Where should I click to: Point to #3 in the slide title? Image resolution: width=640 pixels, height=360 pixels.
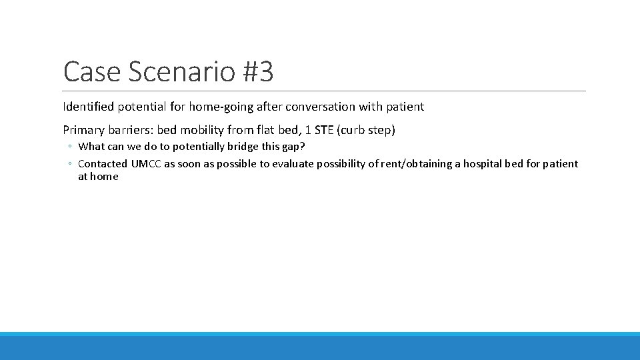coord(257,72)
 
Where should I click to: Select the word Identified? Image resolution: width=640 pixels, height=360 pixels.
coord(88,107)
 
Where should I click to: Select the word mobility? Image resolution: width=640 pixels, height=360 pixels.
coord(203,130)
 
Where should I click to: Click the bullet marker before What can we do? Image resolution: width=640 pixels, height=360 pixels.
coord(69,147)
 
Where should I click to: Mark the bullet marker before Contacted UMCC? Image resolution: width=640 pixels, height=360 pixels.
coord(69,164)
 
